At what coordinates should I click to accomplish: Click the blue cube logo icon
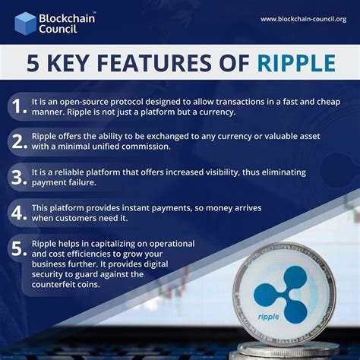25,24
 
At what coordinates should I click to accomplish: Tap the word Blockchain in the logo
67,18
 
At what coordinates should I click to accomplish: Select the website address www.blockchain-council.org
304,19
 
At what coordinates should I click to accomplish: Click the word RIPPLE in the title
296,62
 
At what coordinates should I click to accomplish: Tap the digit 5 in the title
33,62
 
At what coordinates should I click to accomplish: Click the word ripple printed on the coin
269,317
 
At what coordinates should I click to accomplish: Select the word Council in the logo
58,29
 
